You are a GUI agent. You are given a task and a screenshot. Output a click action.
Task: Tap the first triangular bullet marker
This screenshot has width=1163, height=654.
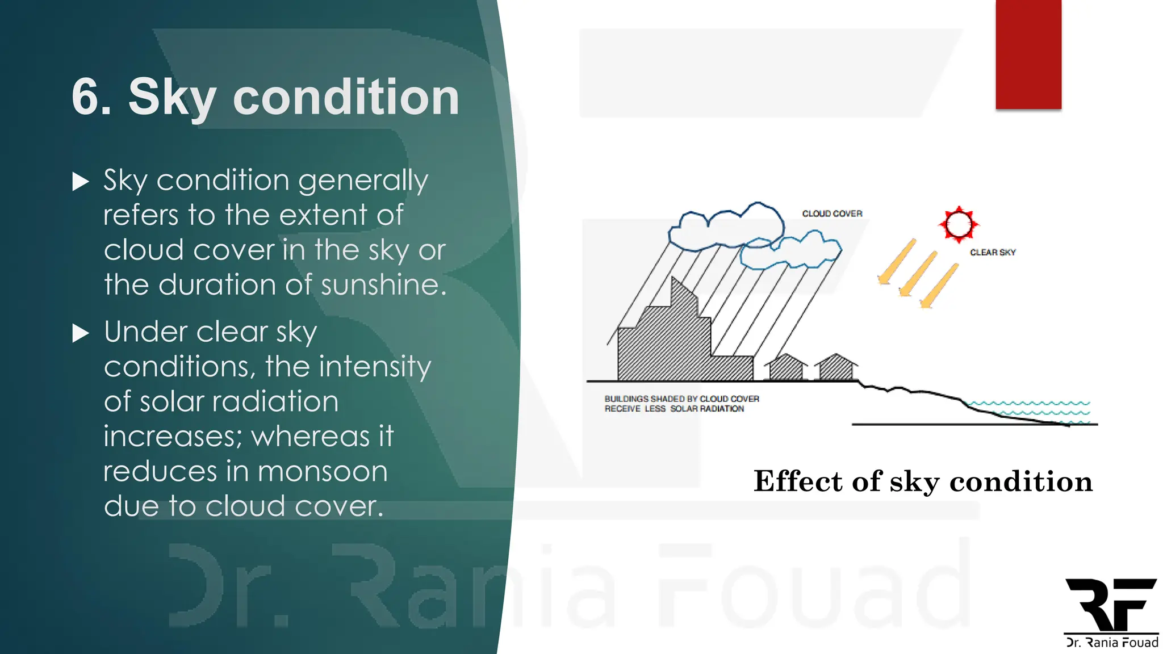click(x=81, y=182)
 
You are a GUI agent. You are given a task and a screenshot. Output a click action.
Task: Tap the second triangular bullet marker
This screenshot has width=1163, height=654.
click(x=81, y=333)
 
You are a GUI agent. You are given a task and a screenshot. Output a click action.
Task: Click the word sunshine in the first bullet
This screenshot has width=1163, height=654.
click(x=383, y=285)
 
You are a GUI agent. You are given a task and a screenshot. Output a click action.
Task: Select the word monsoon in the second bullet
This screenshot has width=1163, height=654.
click(x=323, y=472)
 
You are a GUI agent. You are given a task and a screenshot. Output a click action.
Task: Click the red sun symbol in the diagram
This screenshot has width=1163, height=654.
click(x=959, y=224)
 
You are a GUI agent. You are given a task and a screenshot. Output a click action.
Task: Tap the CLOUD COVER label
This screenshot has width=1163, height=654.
click(x=832, y=213)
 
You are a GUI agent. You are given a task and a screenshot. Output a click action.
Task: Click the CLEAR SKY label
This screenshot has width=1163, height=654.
click(x=992, y=252)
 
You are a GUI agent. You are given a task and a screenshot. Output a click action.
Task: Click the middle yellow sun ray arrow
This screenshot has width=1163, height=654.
click(x=917, y=274)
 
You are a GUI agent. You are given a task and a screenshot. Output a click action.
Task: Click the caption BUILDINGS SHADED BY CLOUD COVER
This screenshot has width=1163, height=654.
click(x=681, y=399)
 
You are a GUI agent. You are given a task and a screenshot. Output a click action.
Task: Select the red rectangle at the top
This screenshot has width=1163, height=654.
click(x=1028, y=54)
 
